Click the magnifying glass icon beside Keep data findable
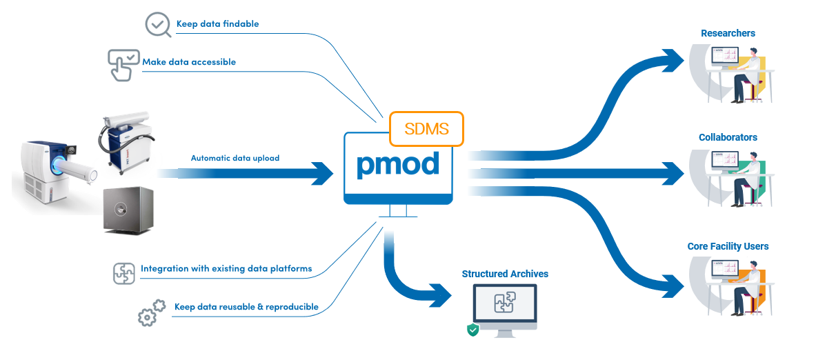[158, 25]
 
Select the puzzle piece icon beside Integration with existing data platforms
[124, 273]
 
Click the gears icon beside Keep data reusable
[151, 312]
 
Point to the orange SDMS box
[426, 129]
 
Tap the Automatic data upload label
[235, 158]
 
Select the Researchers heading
[728, 33]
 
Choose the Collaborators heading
[728, 137]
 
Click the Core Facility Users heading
[728, 246]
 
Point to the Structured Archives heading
[505, 274]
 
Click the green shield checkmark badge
[473, 330]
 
